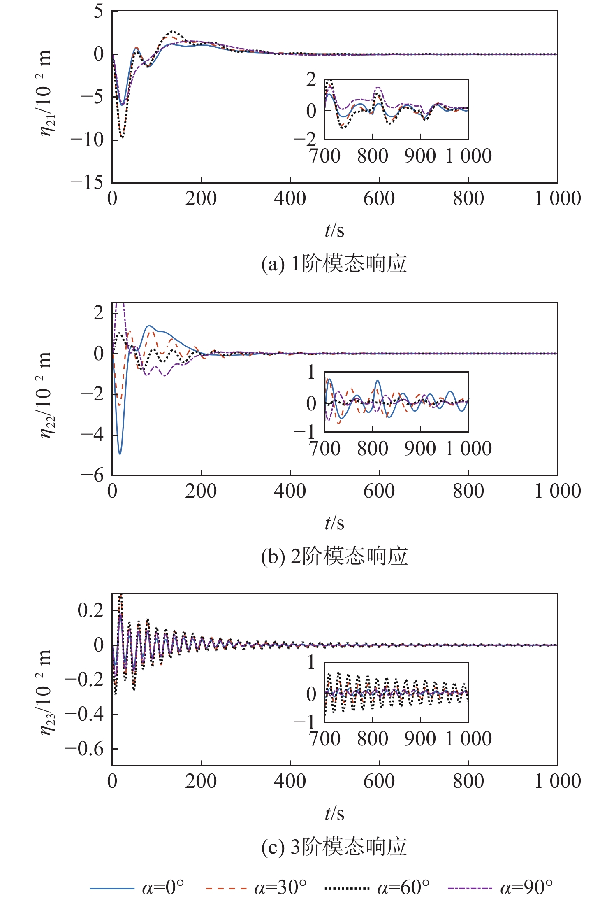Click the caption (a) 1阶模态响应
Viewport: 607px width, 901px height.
[334, 264]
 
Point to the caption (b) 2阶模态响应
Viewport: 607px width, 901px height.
[334, 556]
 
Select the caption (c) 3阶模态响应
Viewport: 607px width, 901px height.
[334, 847]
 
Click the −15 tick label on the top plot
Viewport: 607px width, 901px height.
[87, 182]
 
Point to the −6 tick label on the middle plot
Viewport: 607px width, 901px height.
[93, 475]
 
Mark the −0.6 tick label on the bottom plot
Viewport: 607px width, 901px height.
[84, 749]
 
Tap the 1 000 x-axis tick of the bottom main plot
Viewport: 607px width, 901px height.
[557, 781]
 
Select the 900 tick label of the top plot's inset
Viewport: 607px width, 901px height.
[420, 156]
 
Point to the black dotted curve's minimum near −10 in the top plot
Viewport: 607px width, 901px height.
[122, 137]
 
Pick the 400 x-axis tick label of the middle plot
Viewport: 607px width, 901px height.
[290, 491]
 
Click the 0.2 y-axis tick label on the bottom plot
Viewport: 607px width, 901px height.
[90, 610]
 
